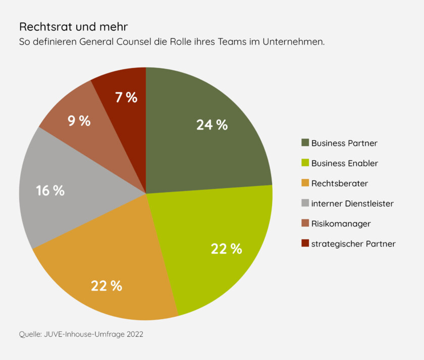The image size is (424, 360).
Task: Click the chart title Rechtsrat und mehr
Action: click(73, 26)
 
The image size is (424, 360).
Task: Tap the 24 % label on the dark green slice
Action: click(212, 125)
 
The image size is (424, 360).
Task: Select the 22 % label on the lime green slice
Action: click(226, 248)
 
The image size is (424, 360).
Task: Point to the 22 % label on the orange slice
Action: click(107, 286)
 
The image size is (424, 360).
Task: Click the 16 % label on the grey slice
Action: click(50, 191)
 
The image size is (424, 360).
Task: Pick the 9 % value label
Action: click(79, 121)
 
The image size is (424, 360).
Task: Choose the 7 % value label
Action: click(126, 97)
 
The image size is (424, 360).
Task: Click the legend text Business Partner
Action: click(344, 143)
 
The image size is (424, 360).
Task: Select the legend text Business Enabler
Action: click(344, 163)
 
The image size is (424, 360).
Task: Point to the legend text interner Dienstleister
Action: click(352, 204)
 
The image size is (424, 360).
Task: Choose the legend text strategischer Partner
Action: click(353, 244)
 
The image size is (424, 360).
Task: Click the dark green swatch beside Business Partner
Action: click(304, 143)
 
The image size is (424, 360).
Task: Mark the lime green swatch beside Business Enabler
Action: click(304, 163)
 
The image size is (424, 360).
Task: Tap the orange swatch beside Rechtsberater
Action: click(304, 184)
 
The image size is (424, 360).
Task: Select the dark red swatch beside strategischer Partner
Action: click(304, 244)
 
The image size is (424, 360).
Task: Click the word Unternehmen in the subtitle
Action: click(293, 42)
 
